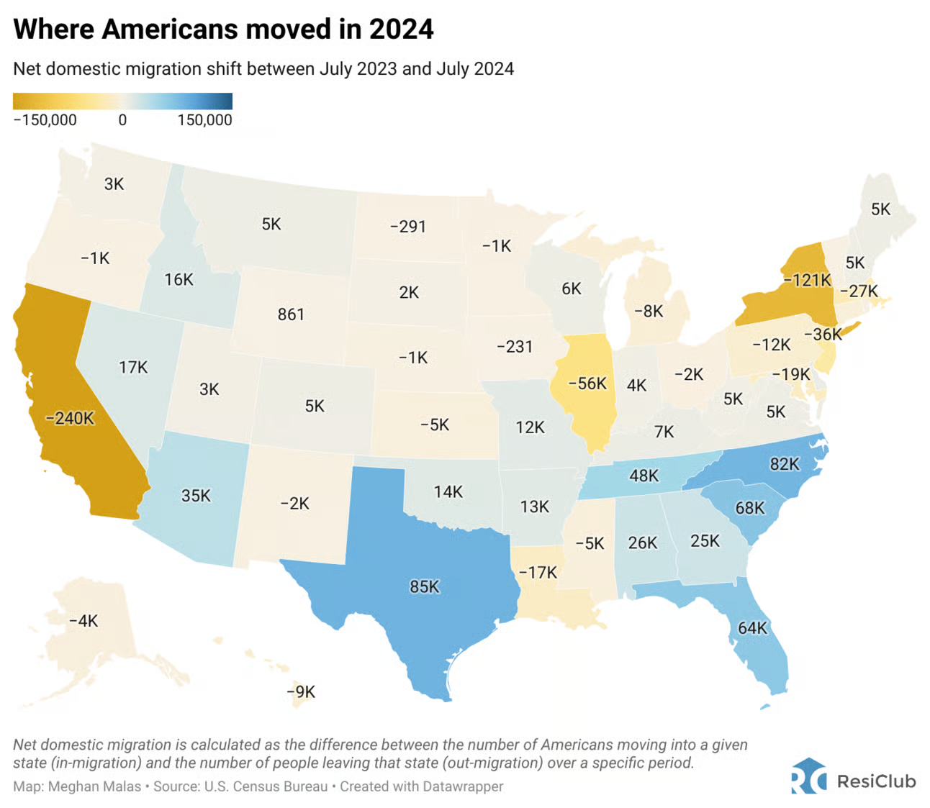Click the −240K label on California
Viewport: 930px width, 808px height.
(x=70, y=418)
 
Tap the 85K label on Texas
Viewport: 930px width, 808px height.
(x=425, y=587)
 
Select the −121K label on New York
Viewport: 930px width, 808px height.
(x=807, y=280)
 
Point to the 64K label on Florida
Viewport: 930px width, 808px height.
(x=752, y=628)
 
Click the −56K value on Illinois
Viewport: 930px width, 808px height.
(x=587, y=383)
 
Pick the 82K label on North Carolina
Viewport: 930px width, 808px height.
(x=785, y=464)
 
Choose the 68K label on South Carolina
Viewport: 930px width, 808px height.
(x=749, y=508)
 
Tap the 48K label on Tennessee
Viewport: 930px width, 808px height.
(x=644, y=476)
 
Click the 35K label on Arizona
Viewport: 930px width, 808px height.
(x=196, y=496)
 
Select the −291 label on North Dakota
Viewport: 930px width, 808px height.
(x=408, y=227)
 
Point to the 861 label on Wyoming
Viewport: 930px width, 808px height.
(x=291, y=314)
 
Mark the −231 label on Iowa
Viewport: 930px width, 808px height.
(x=515, y=347)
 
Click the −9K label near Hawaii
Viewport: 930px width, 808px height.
(x=301, y=692)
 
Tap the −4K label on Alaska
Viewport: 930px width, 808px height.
(x=83, y=621)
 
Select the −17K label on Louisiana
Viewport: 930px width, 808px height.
(x=538, y=573)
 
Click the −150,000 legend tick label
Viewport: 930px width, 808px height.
(x=45, y=120)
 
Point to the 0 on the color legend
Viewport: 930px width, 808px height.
(x=122, y=120)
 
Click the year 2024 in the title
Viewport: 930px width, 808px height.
(x=401, y=29)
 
